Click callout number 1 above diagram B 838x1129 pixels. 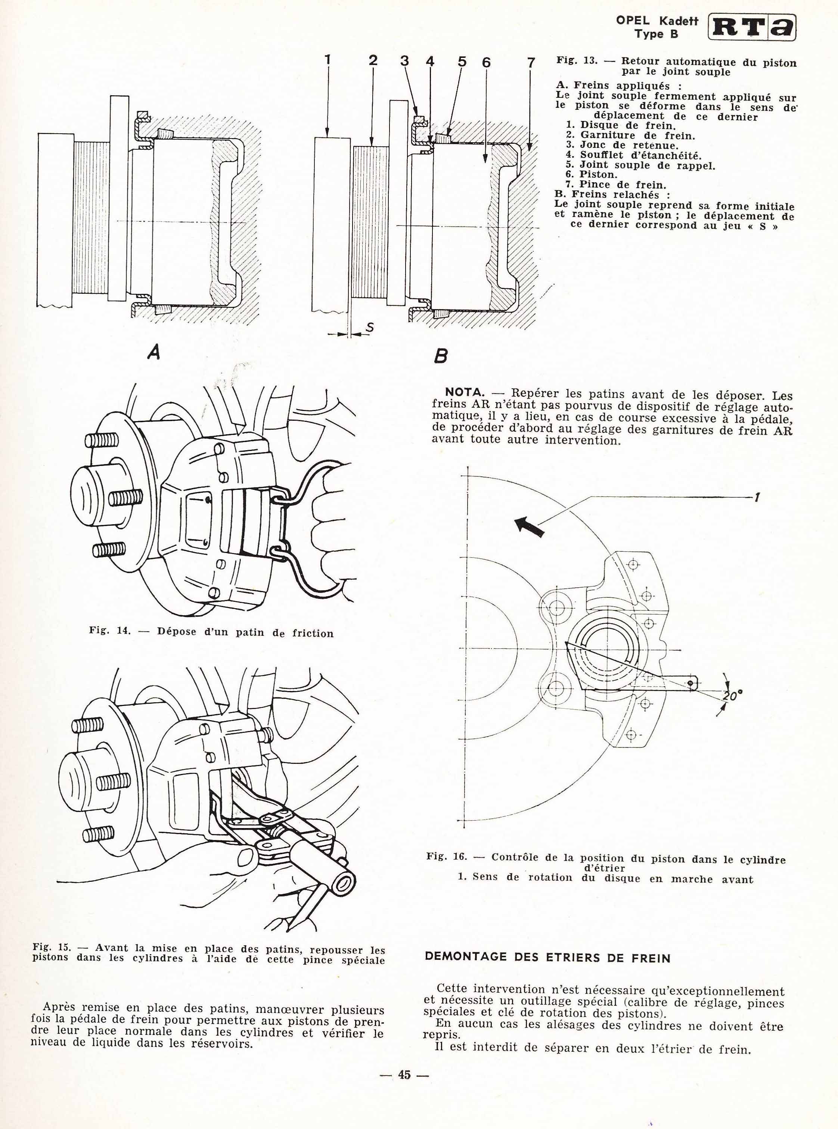click(328, 60)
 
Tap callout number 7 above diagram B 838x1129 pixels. click(531, 63)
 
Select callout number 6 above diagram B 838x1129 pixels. click(486, 62)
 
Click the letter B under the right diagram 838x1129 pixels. click(441, 356)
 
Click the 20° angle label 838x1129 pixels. click(732, 696)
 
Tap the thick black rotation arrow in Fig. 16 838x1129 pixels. click(530, 526)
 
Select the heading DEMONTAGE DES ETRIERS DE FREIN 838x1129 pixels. click(547, 958)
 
